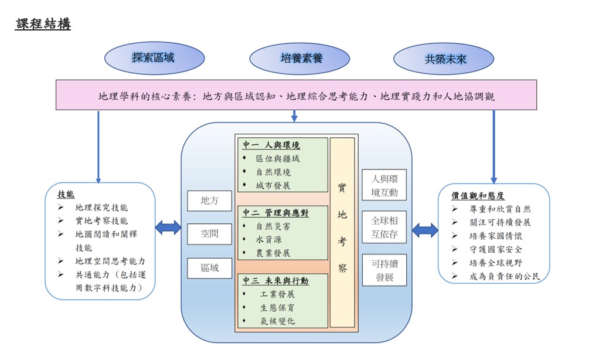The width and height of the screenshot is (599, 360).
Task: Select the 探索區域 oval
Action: point(154,58)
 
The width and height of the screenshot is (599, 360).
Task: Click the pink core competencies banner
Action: point(296,96)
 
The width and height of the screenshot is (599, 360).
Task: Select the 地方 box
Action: point(209,201)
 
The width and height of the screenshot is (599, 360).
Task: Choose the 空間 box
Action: point(209,234)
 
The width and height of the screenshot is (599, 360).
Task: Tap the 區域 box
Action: point(209,268)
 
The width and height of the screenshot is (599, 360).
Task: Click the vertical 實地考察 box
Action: point(342,232)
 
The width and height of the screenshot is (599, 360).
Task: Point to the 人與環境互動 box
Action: point(384,184)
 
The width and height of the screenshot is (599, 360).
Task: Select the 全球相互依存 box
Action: point(384,227)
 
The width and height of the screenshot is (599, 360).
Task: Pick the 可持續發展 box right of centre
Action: point(384,270)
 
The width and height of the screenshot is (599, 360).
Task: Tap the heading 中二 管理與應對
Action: point(275,213)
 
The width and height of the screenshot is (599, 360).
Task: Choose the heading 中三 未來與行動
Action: point(275,281)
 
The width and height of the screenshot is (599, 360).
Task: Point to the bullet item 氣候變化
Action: point(278,321)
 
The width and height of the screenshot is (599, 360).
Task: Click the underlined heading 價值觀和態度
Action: point(478,195)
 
